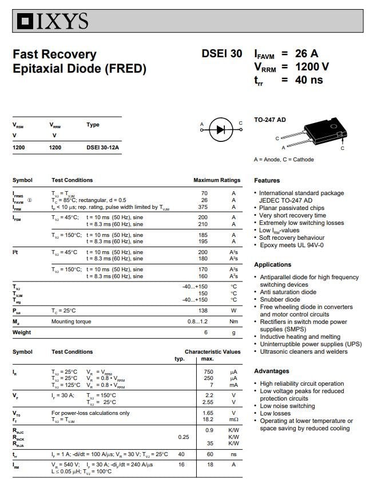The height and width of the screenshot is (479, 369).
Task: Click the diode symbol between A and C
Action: tap(221, 129)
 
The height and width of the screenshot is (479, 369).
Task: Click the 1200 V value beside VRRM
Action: tap(312, 67)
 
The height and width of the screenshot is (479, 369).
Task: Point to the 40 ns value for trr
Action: tap(309, 80)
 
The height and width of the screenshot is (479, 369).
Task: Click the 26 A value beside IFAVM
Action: tap(307, 54)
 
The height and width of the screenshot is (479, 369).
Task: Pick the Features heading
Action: tap(267, 180)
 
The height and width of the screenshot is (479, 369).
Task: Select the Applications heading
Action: tap(272, 264)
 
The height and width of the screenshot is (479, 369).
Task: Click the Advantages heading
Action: tap(271, 371)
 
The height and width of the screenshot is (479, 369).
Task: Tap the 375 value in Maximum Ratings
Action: tap(203, 207)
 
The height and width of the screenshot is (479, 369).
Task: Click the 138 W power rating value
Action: tap(203, 310)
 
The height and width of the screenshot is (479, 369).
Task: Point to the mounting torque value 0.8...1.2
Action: tap(197, 322)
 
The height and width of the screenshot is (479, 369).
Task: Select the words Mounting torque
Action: tap(71, 322)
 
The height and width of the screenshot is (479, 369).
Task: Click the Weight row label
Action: tap(22, 332)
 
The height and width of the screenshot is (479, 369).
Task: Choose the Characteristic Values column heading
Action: tap(212, 351)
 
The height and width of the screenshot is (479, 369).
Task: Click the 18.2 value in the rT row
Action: tap(208, 419)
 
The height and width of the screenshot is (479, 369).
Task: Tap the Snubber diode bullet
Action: tap(280, 299)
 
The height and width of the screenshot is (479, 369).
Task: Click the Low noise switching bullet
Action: tap(287, 406)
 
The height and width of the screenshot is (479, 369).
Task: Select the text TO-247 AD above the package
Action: tap(270, 120)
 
